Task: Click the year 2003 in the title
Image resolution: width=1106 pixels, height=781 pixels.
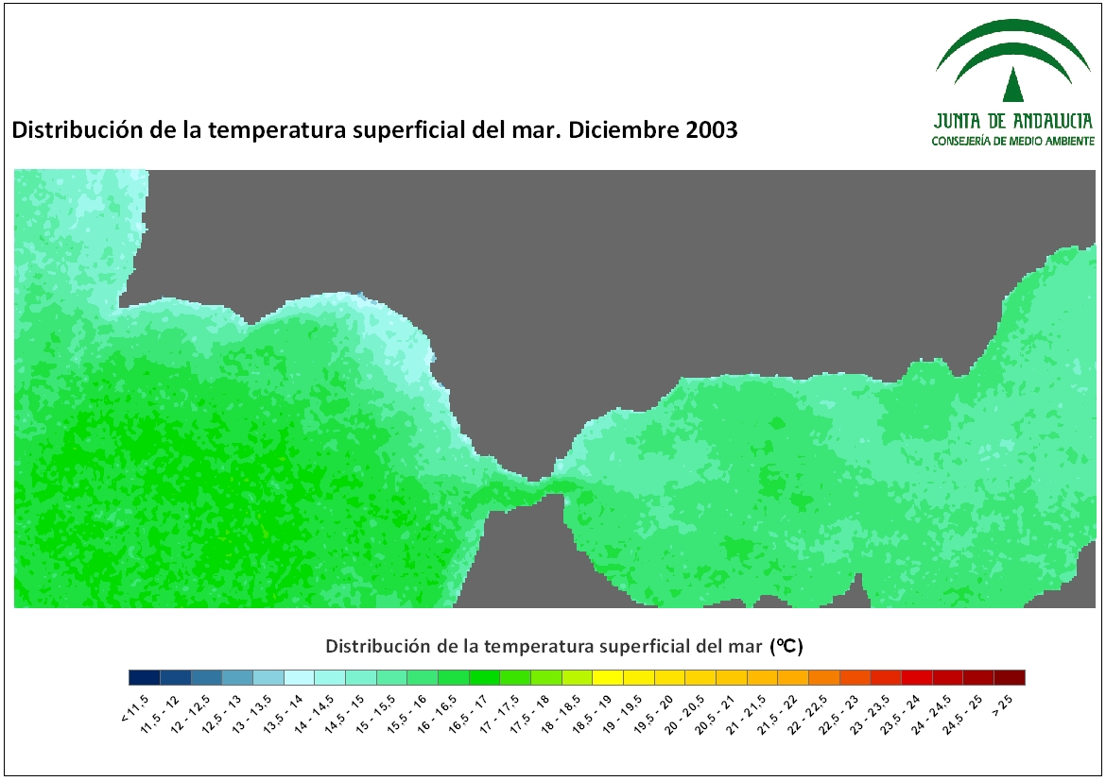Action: pyautogui.click(x=711, y=129)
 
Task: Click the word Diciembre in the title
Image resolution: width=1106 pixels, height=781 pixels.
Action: pyautogui.click(x=623, y=129)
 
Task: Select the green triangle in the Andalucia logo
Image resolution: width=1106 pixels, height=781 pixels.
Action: pyautogui.click(x=1013, y=84)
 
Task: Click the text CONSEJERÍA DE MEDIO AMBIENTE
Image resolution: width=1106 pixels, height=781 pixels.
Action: pyautogui.click(x=1013, y=141)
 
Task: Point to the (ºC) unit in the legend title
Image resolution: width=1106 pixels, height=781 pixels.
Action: pyautogui.click(x=786, y=646)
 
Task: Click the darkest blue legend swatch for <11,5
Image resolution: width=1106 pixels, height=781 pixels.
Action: pyautogui.click(x=144, y=677)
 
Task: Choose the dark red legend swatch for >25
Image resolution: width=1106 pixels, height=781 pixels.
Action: pyautogui.click(x=1009, y=677)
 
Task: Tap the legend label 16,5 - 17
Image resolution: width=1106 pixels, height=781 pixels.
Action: pyautogui.click(x=468, y=713)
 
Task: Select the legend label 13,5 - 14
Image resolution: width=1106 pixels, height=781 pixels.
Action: pyautogui.click(x=283, y=713)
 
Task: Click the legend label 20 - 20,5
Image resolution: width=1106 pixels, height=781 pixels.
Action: pyautogui.click(x=684, y=713)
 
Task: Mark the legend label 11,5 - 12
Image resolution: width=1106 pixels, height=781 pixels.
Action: pyautogui.click(x=160, y=713)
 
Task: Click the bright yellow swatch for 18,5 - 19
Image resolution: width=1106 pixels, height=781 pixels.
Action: pyautogui.click(x=607, y=677)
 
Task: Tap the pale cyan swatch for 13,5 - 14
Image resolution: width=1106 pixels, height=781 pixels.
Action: pyautogui.click(x=299, y=677)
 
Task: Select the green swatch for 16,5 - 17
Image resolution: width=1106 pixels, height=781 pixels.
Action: pyautogui.click(x=484, y=677)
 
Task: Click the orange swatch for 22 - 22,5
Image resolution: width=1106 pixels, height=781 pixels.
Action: pyautogui.click(x=824, y=677)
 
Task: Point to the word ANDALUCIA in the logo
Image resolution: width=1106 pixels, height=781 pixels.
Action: pyautogui.click(x=1053, y=121)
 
